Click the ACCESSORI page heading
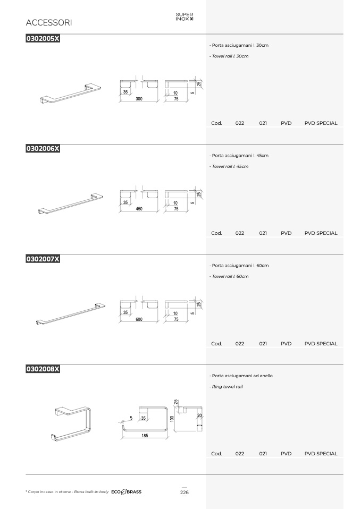click(49, 22)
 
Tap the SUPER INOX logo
click(185, 16)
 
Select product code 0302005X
click(43, 38)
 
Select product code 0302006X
click(43, 148)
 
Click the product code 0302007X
click(43, 259)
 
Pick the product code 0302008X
click(43, 369)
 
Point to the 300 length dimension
click(139, 99)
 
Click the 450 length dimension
click(139, 209)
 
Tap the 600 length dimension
click(139, 319)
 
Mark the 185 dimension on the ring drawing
click(145, 436)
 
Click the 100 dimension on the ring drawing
click(172, 419)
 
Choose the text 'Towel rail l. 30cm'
click(230, 56)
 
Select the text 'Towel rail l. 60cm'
click(230, 276)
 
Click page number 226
click(184, 492)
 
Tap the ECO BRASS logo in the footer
click(127, 492)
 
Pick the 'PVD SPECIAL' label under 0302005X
click(321, 123)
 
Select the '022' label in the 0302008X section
click(240, 454)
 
